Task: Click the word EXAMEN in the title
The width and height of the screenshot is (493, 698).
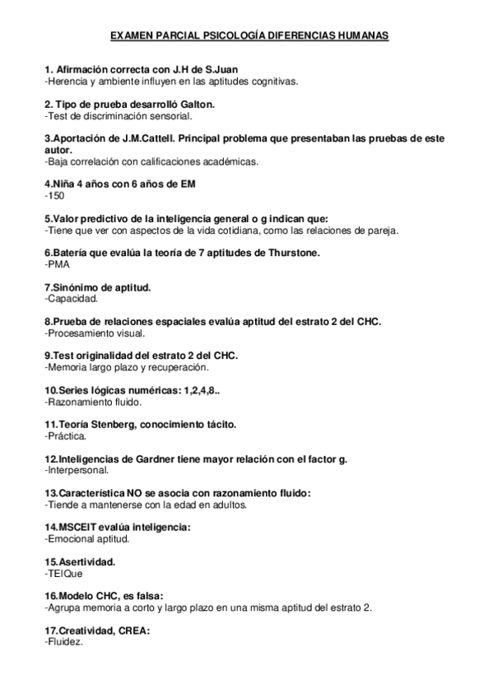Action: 129,37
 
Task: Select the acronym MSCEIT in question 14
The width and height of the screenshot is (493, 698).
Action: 74,527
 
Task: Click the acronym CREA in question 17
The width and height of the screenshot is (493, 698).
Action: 133,631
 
